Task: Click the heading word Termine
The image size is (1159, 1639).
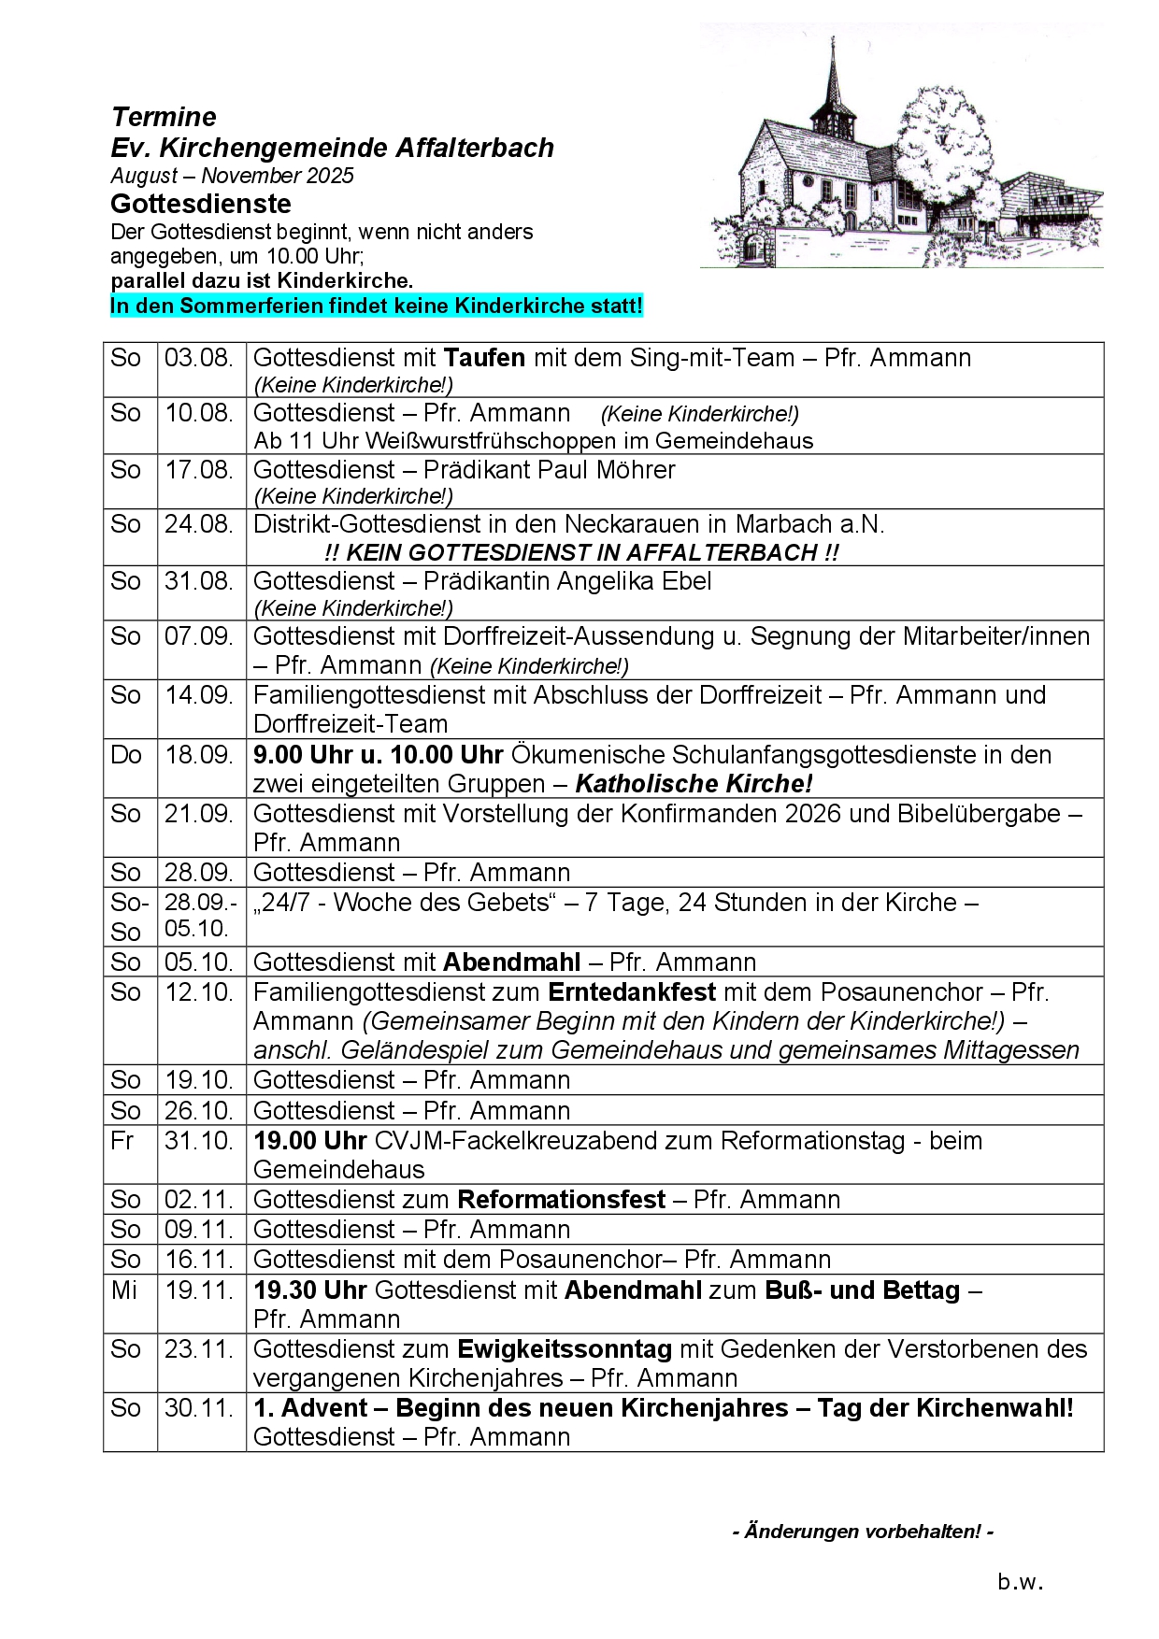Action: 164,117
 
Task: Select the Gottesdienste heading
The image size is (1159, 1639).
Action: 200,204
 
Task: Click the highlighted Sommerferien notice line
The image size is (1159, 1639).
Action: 376,306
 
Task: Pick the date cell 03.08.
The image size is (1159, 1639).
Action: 199,358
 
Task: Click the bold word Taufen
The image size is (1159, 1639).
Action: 484,358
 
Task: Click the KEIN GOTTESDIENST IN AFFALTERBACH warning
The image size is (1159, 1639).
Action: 581,552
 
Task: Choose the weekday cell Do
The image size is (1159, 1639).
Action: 126,755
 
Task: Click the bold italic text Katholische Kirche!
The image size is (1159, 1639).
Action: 694,784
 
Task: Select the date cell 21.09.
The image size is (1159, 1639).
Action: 199,814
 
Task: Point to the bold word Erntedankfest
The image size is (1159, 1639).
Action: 632,992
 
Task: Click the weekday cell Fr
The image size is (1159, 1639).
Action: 122,1141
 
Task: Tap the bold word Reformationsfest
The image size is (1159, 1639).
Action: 561,1200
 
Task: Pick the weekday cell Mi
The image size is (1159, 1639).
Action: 123,1290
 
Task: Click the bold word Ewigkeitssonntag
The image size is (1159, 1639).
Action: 565,1349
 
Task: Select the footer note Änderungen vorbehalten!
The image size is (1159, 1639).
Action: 863,1532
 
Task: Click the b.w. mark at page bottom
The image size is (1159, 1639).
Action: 1019,1582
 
